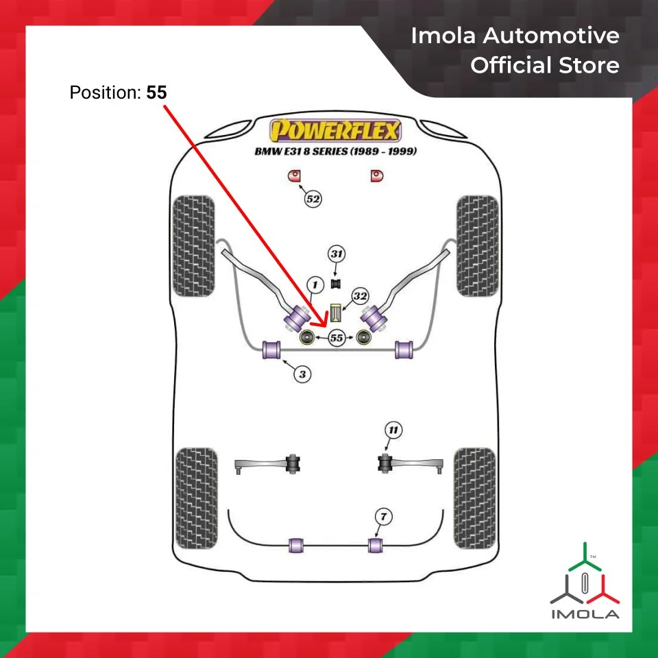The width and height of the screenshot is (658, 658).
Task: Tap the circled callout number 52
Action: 313,199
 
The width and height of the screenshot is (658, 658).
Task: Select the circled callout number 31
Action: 336,254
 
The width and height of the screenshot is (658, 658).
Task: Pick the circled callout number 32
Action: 360,297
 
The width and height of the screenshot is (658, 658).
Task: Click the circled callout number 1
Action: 315,283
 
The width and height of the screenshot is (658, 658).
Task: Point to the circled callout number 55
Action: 336,338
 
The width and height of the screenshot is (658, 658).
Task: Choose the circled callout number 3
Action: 302,374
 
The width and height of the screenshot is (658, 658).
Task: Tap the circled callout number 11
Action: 393,430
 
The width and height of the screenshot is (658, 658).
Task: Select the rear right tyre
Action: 474,498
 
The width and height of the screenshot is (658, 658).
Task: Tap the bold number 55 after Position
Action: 156,93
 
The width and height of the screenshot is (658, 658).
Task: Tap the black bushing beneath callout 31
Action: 336,282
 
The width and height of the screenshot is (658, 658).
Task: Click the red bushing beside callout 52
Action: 295,177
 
